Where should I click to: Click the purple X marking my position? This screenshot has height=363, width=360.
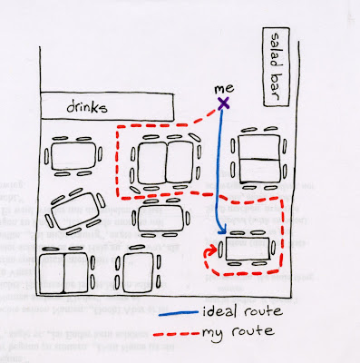[x=224, y=103]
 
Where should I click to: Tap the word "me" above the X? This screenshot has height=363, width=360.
[x=224, y=89]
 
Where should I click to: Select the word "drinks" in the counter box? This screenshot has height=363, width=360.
[x=87, y=107]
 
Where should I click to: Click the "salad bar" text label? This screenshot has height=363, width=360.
[x=276, y=67]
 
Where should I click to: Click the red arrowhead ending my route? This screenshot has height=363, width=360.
[x=212, y=250]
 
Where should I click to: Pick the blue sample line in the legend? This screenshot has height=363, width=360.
[x=179, y=314]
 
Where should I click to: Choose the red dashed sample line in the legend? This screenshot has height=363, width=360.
[x=176, y=334]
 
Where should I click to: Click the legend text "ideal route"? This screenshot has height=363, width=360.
[x=242, y=311]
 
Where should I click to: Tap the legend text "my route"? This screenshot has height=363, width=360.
[x=238, y=333]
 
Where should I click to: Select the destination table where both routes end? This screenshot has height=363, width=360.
[x=248, y=249]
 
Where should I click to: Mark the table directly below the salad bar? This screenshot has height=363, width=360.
[x=259, y=159]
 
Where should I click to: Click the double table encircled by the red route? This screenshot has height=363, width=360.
[x=165, y=162]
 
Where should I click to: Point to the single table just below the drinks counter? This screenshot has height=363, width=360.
[x=73, y=156]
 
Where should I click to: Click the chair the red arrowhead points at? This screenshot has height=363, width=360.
[x=220, y=250]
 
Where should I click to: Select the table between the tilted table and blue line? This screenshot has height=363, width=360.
[x=161, y=218]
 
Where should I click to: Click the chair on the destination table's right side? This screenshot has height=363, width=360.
[x=273, y=248]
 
